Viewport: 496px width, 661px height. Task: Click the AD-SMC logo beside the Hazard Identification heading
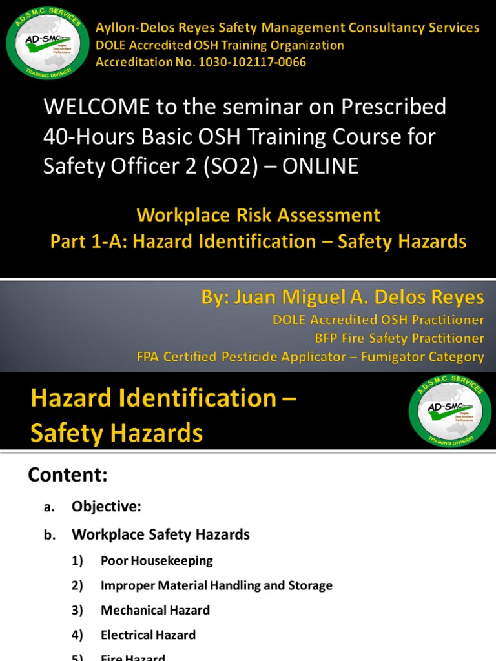point(450,412)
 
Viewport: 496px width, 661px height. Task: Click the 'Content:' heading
point(67,475)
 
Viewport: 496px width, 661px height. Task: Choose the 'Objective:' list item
point(106,507)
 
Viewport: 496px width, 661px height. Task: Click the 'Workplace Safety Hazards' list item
point(160,534)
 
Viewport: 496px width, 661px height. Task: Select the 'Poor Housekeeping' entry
point(156,560)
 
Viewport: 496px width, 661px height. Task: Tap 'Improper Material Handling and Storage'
point(216,585)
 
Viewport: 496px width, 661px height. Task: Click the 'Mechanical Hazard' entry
point(155,610)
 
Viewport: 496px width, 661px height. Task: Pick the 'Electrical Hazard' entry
point(148,635)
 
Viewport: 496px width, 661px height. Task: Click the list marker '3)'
point(78,610)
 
